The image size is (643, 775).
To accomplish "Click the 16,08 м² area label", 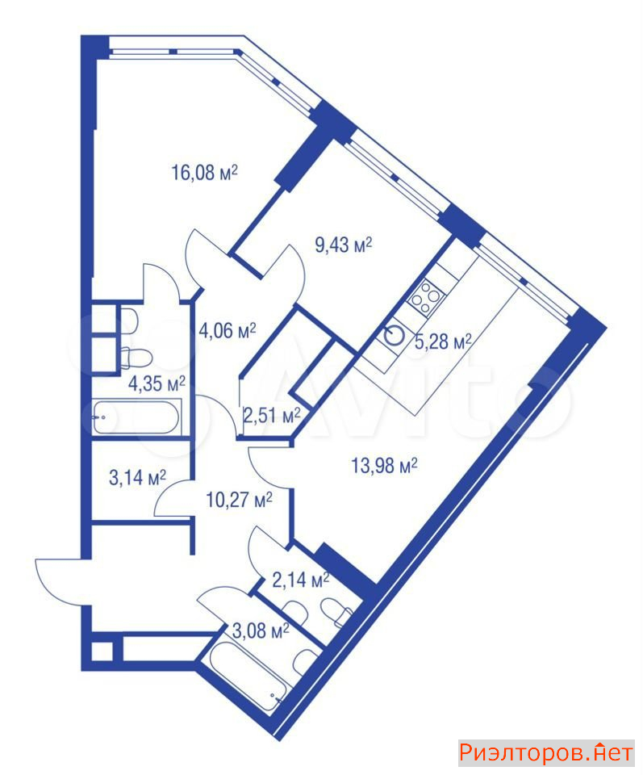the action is tap(204, 173).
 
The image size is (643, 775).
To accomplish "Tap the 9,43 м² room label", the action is tap(344, 244).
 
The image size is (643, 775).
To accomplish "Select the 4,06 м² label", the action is tap(228, 330).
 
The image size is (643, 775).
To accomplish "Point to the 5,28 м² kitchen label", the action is tap(443, 341).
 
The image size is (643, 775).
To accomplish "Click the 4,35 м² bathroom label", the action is tap(157, 383).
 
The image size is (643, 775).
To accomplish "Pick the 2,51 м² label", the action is tap(272, 415).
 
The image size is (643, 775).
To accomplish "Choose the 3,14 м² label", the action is tap(137, 477).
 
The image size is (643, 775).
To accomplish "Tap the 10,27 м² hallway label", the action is tap(239, 501).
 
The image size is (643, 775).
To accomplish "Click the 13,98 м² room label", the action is tap(384, 466).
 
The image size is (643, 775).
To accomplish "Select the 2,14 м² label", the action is tap(301, 580).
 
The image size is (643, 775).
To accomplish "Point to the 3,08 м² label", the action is tap(261, 630).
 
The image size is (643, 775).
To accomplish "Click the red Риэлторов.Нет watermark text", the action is tap(546, 752).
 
